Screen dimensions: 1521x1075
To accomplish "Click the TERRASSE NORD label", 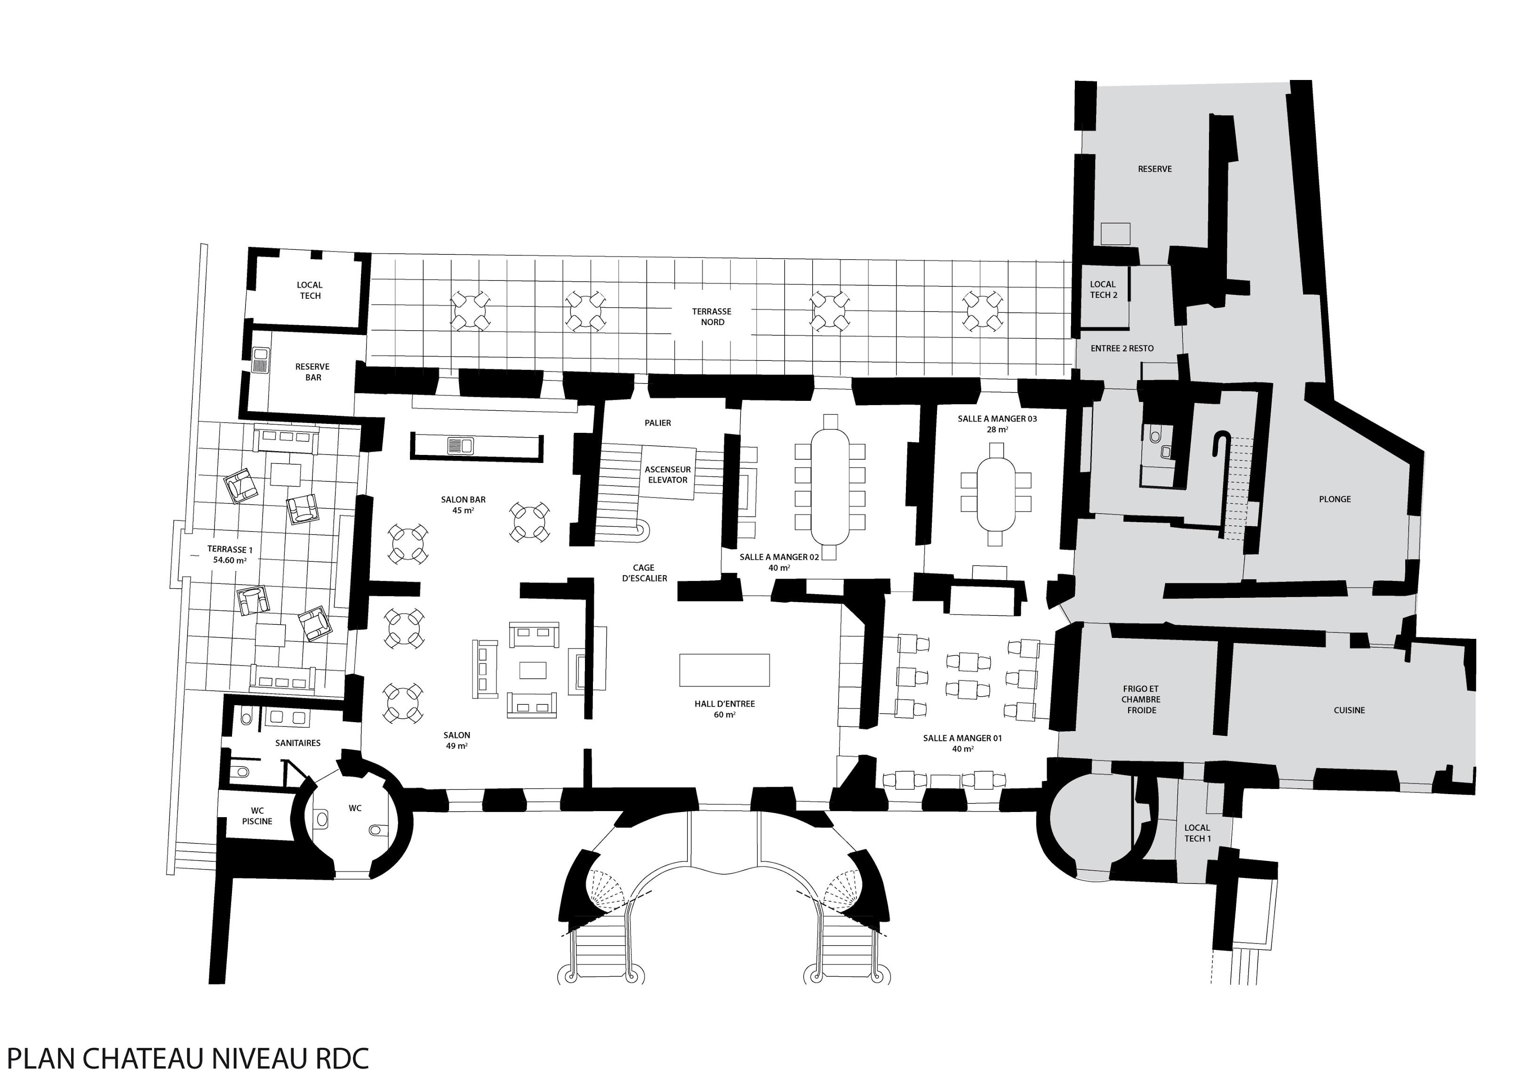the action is [x=712, y=317].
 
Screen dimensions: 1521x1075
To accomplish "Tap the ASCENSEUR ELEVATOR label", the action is [x=668, y=475].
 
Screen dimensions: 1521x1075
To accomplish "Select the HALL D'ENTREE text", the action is [x=725, y=704].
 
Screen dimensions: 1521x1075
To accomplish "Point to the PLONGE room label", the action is [x=1335, y=500].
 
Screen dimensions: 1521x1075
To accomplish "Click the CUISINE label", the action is [x=1349, y=710].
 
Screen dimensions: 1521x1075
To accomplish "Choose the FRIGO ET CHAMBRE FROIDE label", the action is [x=1141, y=700].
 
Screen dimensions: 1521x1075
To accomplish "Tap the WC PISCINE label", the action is [x=257, y=816].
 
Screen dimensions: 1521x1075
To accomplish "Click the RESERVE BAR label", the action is [x=312, y=372].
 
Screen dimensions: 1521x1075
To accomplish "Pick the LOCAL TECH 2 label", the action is [x=1104, y=289].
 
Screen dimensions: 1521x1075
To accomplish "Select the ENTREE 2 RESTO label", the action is [x=1122, y=349].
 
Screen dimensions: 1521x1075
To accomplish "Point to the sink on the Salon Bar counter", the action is [x=460, y=445].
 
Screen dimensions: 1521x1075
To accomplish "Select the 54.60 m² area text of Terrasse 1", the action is [x=230, y=560].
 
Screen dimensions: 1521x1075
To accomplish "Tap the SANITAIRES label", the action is [x=298, y=743].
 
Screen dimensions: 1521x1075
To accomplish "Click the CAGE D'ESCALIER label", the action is [x=644, y=573].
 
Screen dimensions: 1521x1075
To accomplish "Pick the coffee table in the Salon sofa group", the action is [x=533, y=670].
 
